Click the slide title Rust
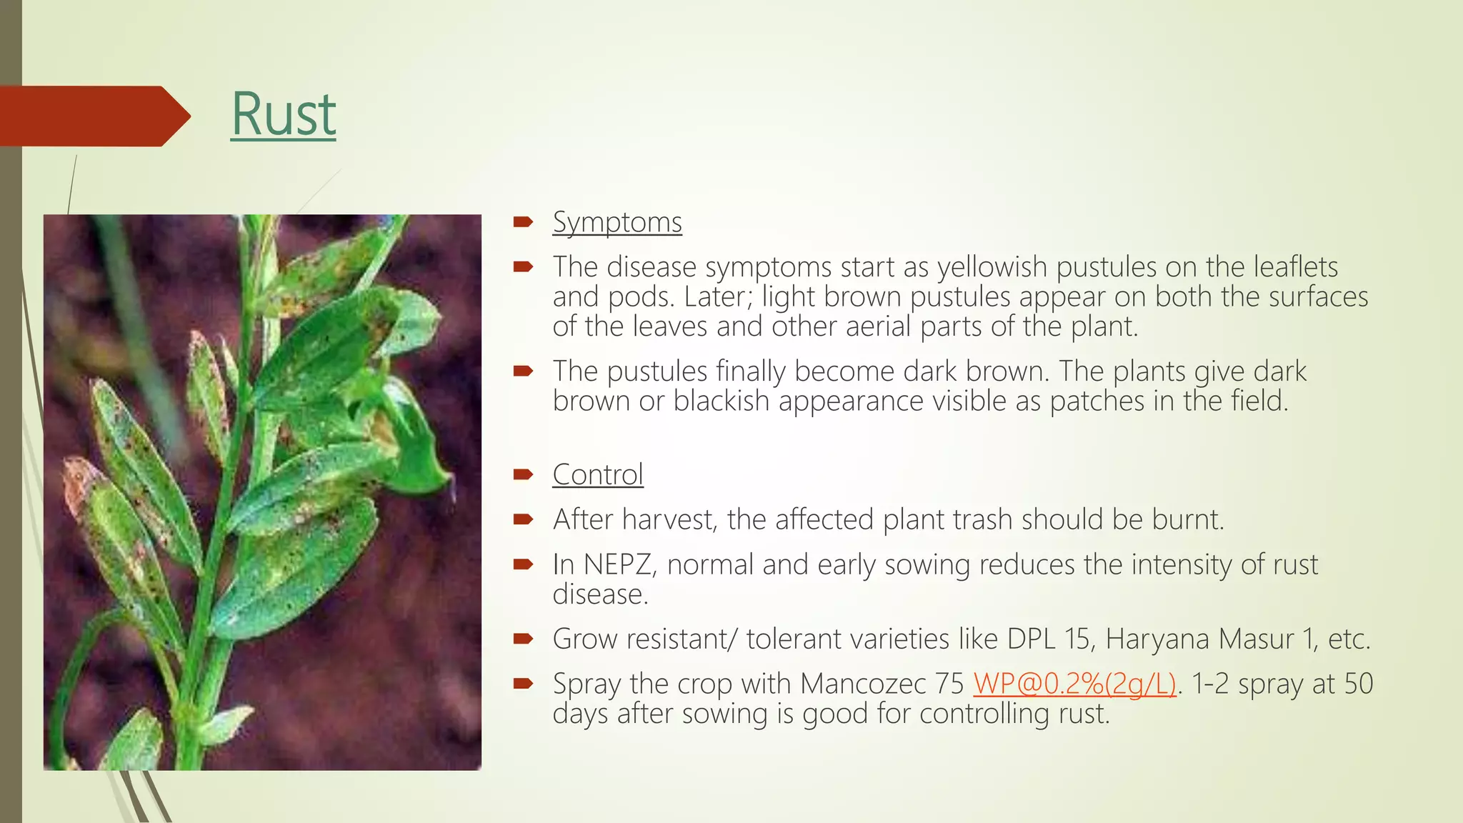(x=283, y=114)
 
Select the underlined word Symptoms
(x=617, y=222)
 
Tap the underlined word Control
(x=598, y=475)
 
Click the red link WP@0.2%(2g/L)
(x=1074, y=684)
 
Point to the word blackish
(x=721, y=401)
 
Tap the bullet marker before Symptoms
(x=523, y=223)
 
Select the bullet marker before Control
(x=523, y=475)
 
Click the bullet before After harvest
(x=523, y=519)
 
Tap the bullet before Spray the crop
(x=523, y=684)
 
